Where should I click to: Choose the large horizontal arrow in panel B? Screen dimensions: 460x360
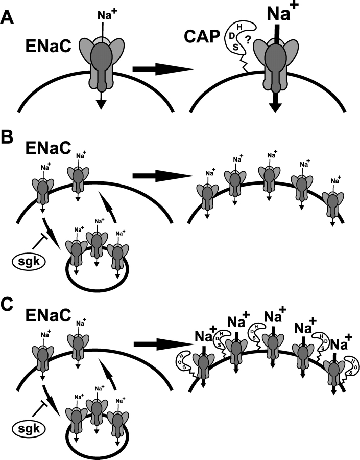162,176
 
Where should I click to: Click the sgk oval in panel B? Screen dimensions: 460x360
28,261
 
